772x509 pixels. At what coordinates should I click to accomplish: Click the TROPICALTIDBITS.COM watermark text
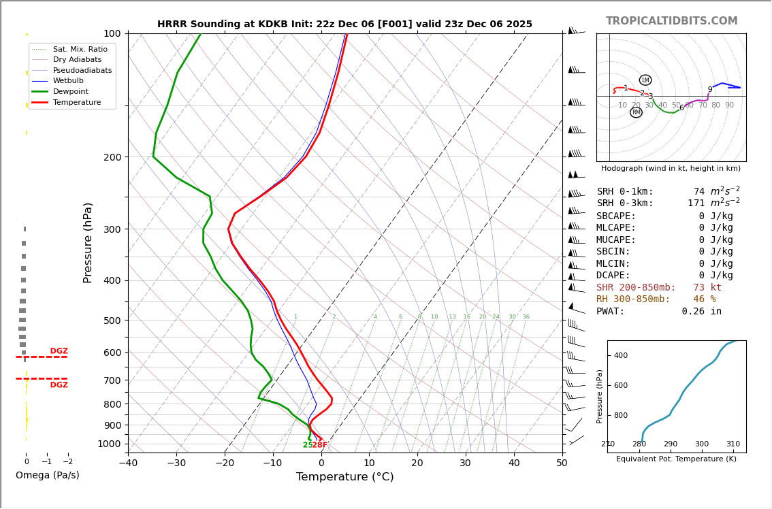click(671, 21)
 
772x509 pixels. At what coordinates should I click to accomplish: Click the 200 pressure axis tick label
click(112, 157)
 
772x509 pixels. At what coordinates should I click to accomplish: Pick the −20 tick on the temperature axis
click(225, 463)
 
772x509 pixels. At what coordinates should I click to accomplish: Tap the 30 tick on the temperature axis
click(466, 463)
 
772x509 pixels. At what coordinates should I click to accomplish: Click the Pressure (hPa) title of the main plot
click(88, 242)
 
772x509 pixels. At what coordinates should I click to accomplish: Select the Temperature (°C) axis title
click(344, 477)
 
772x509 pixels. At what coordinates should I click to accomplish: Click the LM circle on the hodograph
click(645, 80)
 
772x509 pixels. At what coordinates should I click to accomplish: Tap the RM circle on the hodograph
click(636, 112)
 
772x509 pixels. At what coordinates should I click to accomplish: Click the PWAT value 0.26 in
click(701, 312)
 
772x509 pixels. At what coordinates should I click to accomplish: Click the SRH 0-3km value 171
click(696, 203)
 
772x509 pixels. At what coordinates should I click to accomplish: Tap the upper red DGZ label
click(59, 351)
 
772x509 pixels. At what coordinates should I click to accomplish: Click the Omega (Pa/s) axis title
click(47, 476)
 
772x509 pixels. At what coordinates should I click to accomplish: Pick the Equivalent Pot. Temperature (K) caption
click(676, 459)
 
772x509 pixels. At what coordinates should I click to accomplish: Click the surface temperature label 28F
click(320, 445)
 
